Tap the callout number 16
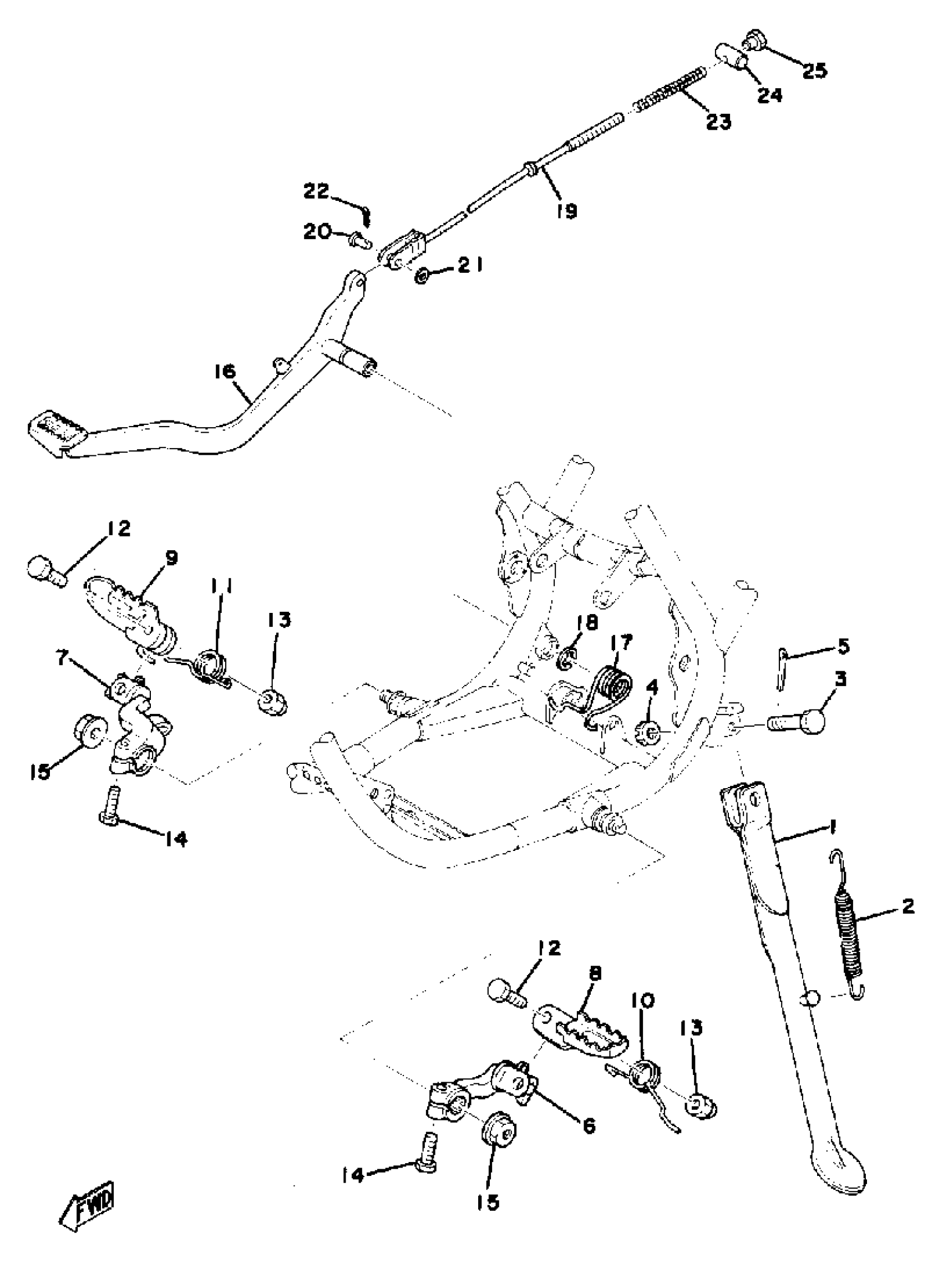point(225,372)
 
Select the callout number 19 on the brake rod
point(566,211)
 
